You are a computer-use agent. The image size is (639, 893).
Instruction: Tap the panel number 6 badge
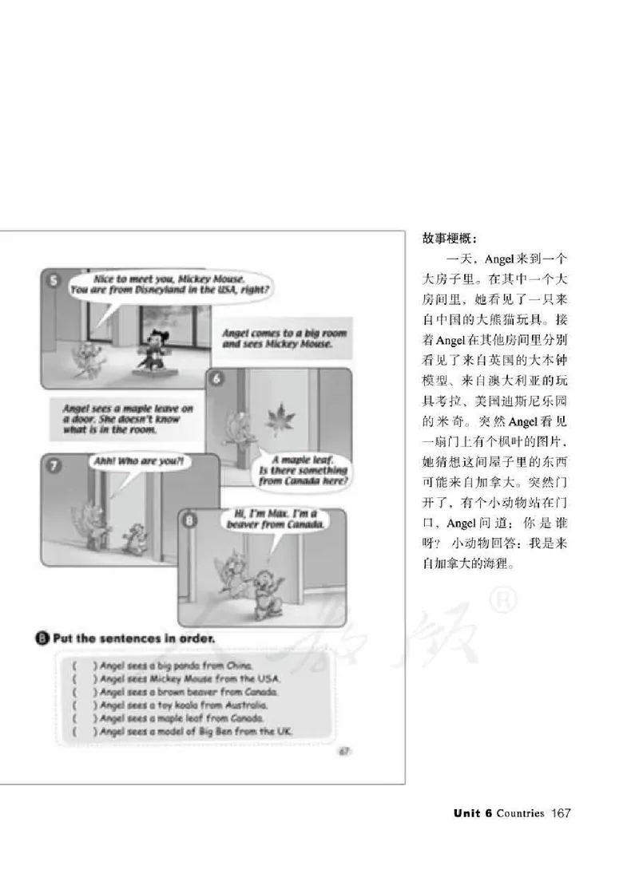click(216, 379)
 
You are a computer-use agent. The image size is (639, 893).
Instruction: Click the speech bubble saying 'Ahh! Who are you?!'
click(139, 461)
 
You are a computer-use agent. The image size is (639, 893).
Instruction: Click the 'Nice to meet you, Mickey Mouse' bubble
click(169, 286)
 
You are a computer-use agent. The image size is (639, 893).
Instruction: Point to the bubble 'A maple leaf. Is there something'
click(303, 471)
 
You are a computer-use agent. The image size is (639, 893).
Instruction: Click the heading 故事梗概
click(449, 238)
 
